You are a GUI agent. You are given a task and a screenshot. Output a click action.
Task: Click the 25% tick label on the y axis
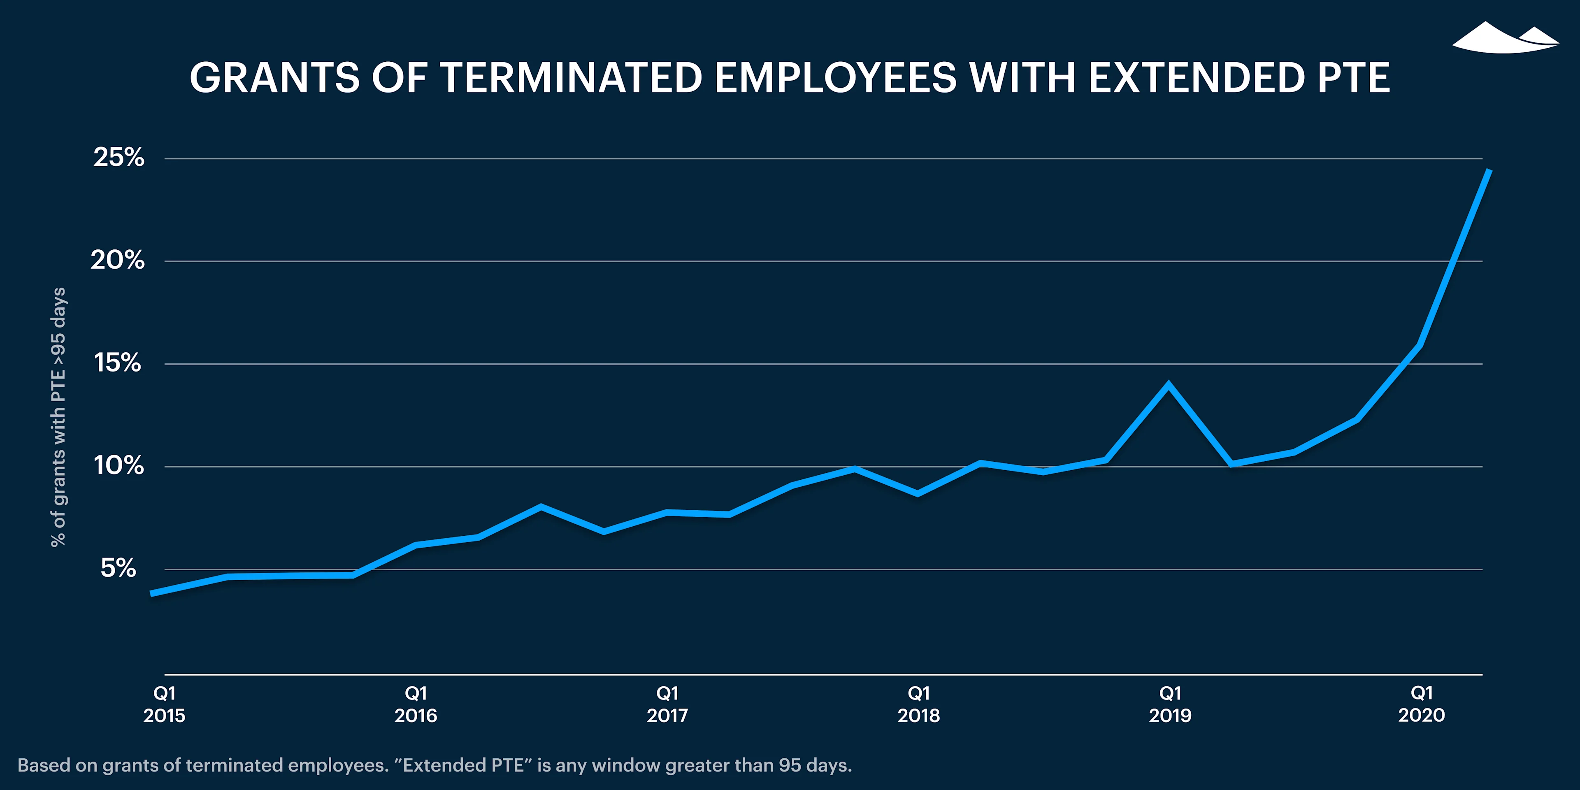pyautogui.click(x=118, y=157)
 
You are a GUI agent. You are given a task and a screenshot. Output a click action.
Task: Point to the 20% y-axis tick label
pyautogui.click(x=117, y=260)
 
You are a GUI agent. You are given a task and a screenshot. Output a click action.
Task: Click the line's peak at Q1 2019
pyautogui.click(x=1169, y=385)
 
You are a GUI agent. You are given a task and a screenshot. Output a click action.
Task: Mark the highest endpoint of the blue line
pyautogui.click(x=1489, y=170)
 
